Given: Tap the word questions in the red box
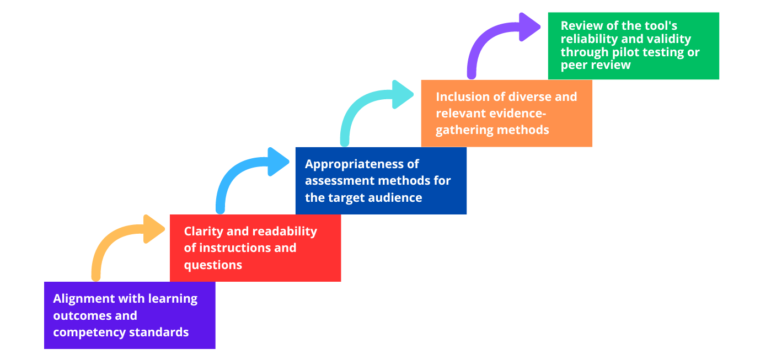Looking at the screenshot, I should click(x=213, y=265).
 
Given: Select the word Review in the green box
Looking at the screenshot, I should click(x=579, y=25).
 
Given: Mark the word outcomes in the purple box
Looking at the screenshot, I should click(x=79, y=316).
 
